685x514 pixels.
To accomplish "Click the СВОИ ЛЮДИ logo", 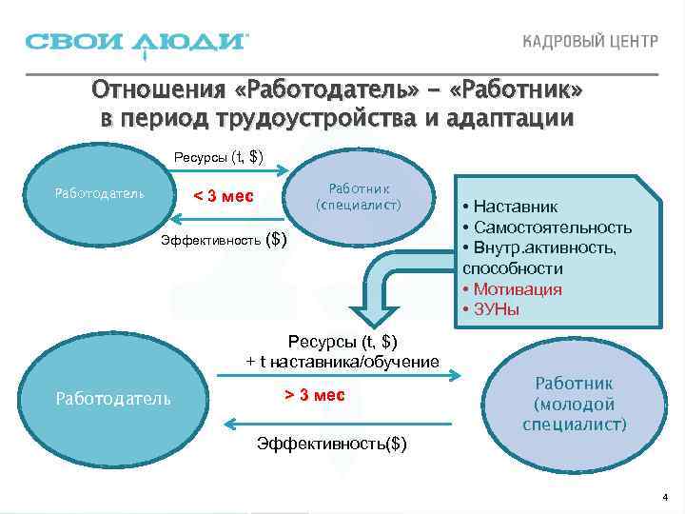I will [137, 43].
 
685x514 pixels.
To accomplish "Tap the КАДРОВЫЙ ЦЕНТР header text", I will [590, 44].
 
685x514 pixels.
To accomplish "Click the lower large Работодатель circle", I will [113, 397].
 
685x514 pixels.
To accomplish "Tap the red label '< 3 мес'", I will [224, 196].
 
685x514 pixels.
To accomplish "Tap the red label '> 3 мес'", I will [315, 395].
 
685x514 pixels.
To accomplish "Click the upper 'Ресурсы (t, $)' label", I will [219, 156].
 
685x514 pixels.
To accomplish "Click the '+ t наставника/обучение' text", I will [342, 362].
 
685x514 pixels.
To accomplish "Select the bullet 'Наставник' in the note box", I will [515, 207].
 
